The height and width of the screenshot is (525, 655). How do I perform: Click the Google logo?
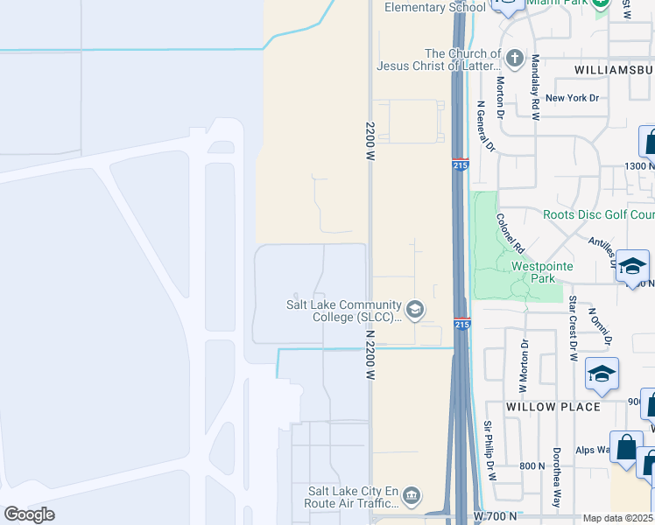click(29, 514)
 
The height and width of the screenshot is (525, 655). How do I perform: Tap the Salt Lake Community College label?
click(344, 311)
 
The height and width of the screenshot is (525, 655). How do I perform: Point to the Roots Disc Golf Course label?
click(598, 214)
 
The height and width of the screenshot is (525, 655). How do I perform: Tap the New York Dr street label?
click(572, 98)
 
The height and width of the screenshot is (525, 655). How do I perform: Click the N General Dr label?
click(486, 127)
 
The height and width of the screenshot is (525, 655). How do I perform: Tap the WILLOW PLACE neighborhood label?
click(553, 407)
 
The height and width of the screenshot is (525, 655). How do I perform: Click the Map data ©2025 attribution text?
click(618, 518)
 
